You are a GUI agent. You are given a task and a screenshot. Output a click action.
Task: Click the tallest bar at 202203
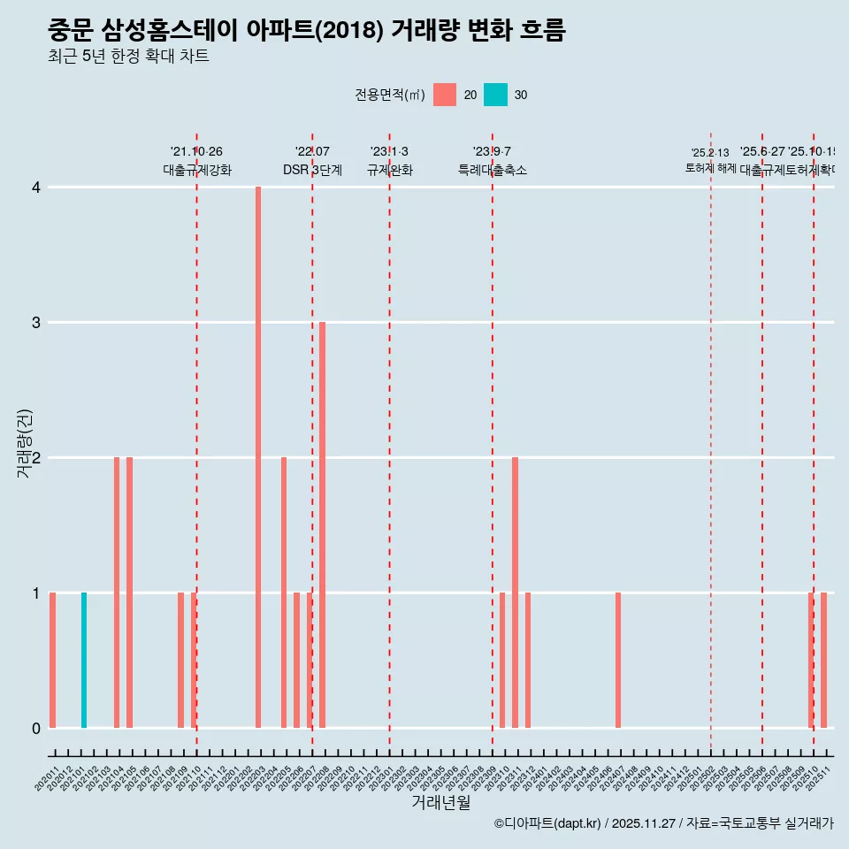coord(258,457)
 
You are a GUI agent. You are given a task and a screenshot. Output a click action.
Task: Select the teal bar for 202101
coord(84,661)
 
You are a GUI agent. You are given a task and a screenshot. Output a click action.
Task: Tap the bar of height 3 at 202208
coord(323,525)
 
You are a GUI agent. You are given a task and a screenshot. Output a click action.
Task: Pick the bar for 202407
coord(618,661)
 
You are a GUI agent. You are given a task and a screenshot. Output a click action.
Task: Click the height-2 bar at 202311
coord(515,593)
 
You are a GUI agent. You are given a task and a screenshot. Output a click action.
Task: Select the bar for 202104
coord(117,593)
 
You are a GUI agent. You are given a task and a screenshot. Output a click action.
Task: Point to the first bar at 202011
coord(52,661)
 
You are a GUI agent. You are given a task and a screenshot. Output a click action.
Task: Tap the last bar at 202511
coord(823,661)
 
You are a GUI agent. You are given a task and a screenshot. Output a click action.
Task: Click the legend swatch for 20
coord(445,95)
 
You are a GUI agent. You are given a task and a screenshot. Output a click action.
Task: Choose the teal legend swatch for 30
coord(496,95)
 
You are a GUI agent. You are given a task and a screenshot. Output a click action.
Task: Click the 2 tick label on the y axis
coord(36,458)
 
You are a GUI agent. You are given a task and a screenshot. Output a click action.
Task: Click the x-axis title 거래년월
coord(440,803)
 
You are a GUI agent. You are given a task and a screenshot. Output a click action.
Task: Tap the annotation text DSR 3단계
coord(312,170)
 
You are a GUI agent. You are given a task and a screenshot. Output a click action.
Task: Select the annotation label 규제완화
coord(389,170)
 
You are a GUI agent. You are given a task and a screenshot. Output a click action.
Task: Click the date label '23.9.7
coord(492,152)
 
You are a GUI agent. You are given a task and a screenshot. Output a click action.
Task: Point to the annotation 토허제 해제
coord(710,168)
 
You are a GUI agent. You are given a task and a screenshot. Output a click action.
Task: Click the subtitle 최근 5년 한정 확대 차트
coord(128,57)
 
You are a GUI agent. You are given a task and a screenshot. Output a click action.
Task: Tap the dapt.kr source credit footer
coord(663,823)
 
